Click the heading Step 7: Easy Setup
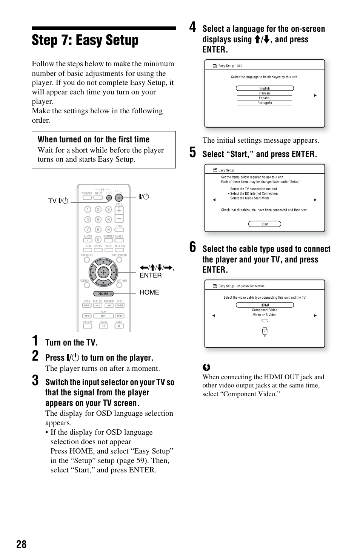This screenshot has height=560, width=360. pos(85,40)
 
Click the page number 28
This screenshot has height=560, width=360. pos(22,544)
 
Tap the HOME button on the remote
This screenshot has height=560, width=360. pos(103,293)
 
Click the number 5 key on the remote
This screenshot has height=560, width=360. pos(98,219)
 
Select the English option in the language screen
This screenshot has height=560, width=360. pos(265,88)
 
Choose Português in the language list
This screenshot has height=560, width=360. pos(265,103)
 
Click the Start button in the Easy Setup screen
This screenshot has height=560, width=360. pos(265,224)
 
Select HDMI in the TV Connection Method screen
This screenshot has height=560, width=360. pos(265,305)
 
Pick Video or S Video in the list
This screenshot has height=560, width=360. pos(265,315)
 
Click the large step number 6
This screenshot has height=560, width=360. pos(193,248)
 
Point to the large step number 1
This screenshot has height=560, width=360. pos(35,341)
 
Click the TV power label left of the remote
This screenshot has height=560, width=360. pos(58,201)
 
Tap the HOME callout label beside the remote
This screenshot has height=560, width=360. pos(149,292)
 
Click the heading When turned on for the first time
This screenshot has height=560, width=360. pos(94,139)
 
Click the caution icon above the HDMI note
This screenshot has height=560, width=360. pos(206,367)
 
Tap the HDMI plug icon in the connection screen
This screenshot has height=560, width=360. pos(265,332)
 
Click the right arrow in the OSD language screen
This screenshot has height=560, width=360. pos(315,96)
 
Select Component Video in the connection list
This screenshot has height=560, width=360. pos(265,310)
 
